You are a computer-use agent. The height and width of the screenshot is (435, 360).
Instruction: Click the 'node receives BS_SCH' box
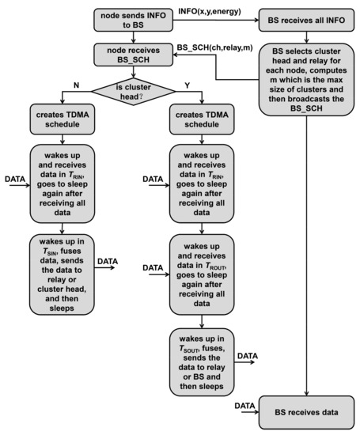132,54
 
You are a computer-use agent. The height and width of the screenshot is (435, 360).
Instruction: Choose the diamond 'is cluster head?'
132,85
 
